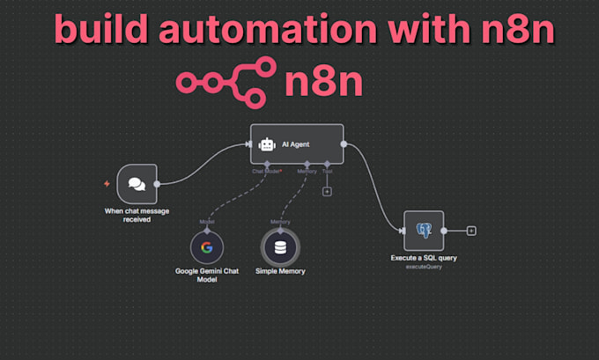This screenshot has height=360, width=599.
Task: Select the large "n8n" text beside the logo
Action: pos(324,83)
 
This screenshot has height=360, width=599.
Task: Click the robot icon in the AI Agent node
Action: pos(268,143)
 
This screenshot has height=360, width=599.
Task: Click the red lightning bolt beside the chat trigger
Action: pos(107,184)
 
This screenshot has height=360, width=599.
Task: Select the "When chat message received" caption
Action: pos(137,214)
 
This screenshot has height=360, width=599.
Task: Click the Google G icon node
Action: pos(206,246)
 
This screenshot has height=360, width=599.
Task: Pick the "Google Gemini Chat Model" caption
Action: pos(207,275)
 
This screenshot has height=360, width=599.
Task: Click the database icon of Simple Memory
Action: pos(280,246)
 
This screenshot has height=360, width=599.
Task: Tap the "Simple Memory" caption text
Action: pos(280,271)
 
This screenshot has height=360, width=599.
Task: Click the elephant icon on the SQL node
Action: pos(424,231)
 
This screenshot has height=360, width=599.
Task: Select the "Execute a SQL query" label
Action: pos(424,258)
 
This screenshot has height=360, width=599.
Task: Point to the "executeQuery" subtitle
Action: pos(424,266)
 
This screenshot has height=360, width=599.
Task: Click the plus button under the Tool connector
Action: pos(327,191)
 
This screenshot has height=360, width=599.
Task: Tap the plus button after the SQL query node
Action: pos(471,231)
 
